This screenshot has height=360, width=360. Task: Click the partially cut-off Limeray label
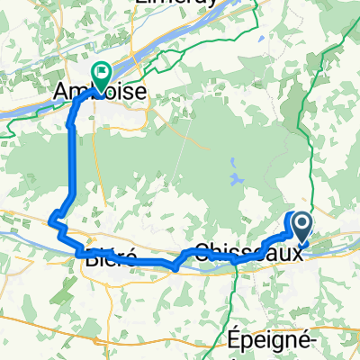[176, 3]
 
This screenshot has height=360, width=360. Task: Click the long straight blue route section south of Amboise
[71, 162]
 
